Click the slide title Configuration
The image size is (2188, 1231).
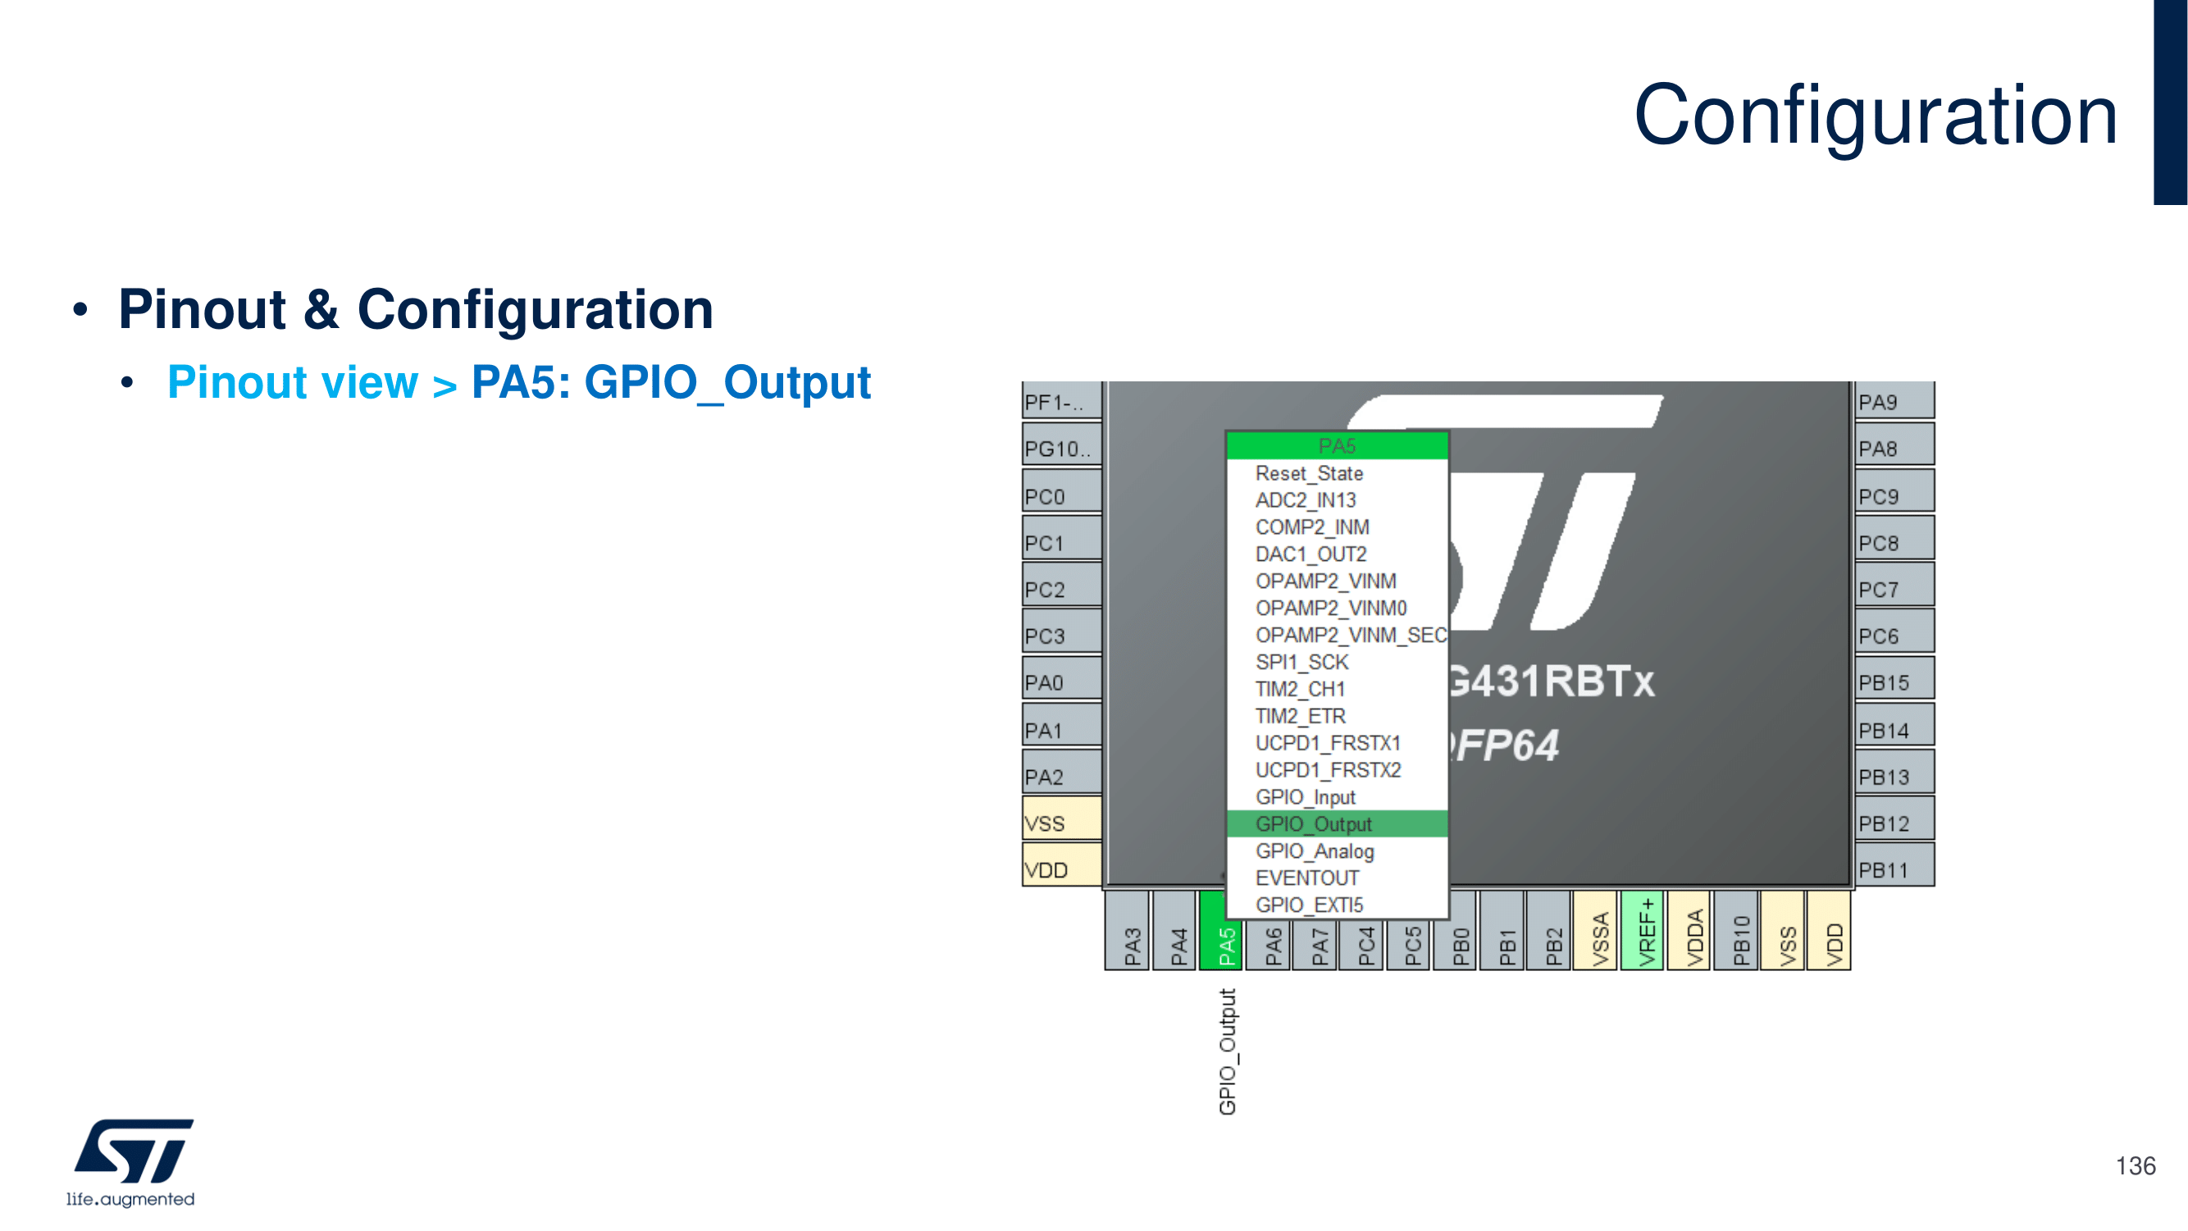pos(1875,116)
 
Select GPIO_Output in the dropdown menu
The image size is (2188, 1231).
pos(1313,824)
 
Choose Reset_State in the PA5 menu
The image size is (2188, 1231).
pos(1309,473)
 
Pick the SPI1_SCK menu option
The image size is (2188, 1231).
pos(1301,662)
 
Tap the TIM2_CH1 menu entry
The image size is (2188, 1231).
pos(1300,689)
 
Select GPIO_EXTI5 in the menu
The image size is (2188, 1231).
pos(1309,905)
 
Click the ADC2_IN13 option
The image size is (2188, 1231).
pos(1306,500)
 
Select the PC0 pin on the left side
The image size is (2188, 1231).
pos(1061,495)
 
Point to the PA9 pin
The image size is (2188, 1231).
pos(1894,401)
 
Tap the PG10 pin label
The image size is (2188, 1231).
pos(1061,448)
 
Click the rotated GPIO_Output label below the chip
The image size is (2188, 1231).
pos(1228,1051)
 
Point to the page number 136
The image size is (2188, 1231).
pos(2135,1165)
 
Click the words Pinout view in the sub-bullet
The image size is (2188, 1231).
pos(293,382)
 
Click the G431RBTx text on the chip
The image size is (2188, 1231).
pos(1551,682)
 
